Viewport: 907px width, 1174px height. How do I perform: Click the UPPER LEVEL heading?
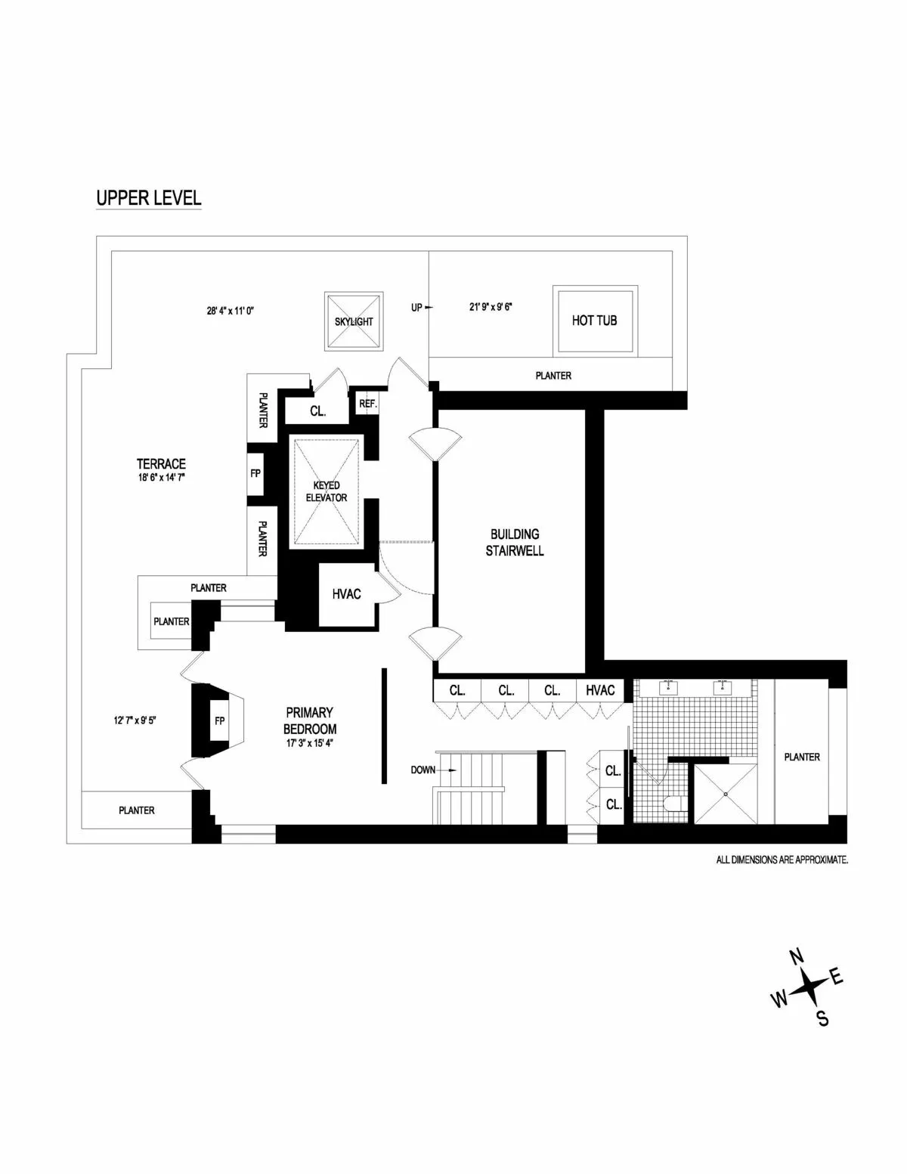pyautogui.click(x=148, y=198)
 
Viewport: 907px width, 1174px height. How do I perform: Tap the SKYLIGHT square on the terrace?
pyautogui.click(x=354, y=321)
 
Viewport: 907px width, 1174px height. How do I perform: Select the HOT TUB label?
pyautogui.click(x=594, y=320)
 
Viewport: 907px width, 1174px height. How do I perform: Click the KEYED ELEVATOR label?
pyautogui.click(x=327, y=491)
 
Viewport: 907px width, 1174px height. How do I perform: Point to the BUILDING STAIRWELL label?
pyautogui.click(x=514, y=543)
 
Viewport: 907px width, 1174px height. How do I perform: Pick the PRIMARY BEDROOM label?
pyautogui.click(x=310, y=720)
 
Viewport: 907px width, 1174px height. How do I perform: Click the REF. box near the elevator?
pyautogui.click(x=368, y=404)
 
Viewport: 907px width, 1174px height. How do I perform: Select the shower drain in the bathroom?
pyautogui.click(x=726, y=794)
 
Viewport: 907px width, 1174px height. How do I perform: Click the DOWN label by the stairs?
pyautogui.click(x=423, y=770)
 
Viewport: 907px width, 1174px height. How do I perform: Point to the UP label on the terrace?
pyautogui.click(x=416, y=308)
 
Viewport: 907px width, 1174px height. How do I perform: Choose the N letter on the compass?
pyautogui.click(x=797, y=957)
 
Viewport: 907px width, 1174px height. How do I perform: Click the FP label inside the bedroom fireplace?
pyautogui.click(x=220, y=720)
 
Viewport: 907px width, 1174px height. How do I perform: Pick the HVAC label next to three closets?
pyautogui.click(x=601, y=690)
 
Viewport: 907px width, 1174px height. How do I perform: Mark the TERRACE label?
pyautogui.click(x=161, y=463)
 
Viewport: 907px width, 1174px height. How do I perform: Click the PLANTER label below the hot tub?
pyautogui.click(x=553, y=375)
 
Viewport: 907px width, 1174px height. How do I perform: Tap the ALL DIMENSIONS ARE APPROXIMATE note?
pyautogui.click(x=782, y=860)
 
